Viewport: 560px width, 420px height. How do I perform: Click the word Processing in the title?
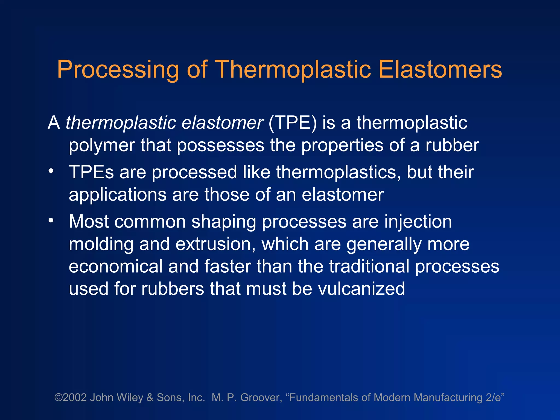[x=118, y=70]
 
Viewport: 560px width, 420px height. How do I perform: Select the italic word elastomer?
[x=222, y=123]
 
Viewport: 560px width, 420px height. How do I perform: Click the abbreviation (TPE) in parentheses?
[x=293, y=123]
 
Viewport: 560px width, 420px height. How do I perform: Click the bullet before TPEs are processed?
[x=51, y=171]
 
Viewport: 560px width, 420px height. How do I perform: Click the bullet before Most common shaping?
[x=51, y=220]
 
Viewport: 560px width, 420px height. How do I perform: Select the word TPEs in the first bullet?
[x=91, y=172]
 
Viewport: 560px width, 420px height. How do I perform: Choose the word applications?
[x=118, y=195]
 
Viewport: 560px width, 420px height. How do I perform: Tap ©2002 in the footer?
[x=71, y=398]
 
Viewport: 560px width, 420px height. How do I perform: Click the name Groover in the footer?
[x=261, y=398]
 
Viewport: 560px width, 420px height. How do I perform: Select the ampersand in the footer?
[x=150, y=398]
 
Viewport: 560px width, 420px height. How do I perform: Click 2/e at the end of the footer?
[x=494, y=398]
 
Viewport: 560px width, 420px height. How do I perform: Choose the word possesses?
[x=220, y=145]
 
